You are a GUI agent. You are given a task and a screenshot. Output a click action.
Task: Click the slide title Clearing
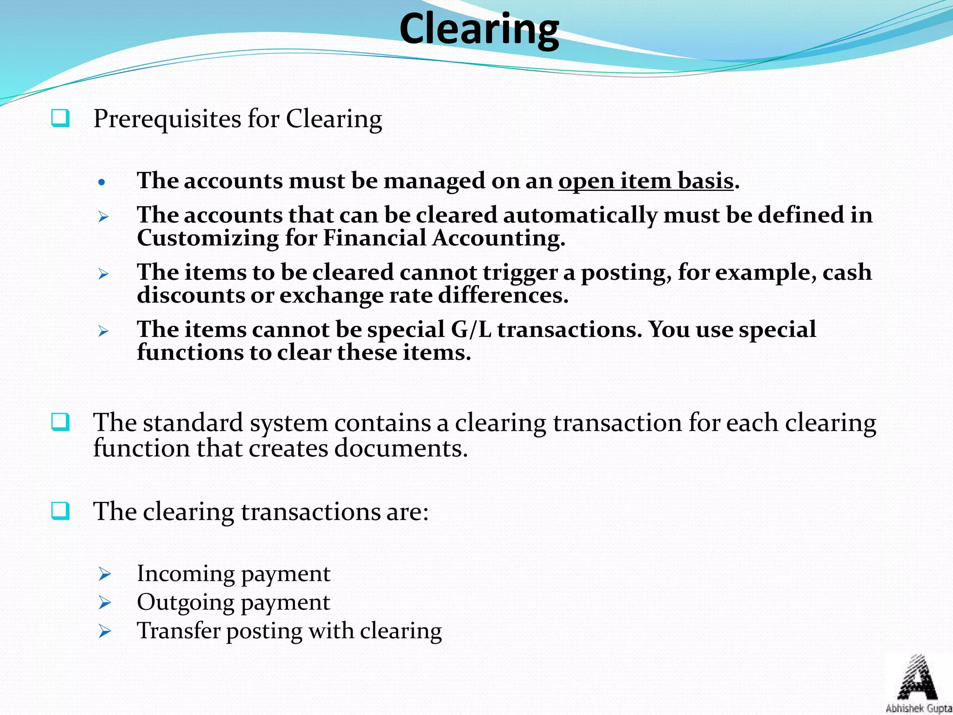[x=479, y=29]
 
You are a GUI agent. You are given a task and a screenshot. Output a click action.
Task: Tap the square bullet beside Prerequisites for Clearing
[x=60, y=118]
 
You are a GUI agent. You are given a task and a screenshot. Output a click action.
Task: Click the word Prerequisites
[x=167, y=119]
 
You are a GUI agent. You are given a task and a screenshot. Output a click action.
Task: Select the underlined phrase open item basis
[x=646, y=181]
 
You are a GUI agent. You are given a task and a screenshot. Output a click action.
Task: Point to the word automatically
[x=580, y=215]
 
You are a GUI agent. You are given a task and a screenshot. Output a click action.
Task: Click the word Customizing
[x=208, y=238]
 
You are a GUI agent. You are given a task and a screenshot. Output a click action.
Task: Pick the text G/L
[x=471, y=330]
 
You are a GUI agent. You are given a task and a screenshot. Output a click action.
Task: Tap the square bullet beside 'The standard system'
[x=60, y=422]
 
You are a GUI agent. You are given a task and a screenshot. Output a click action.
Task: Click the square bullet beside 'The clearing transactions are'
[x=60, y=511]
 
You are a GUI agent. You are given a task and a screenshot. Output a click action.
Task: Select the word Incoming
[x=186, y=573]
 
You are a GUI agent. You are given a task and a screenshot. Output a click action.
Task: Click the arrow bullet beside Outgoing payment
[x=105, y=603]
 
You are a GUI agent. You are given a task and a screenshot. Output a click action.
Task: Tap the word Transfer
[x=178, y=631]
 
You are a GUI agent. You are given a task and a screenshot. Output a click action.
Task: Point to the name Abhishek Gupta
[x=919, y=708]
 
